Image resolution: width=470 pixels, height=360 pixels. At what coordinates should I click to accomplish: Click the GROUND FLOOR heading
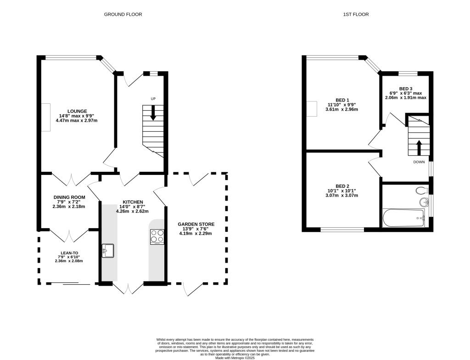click(123, 14)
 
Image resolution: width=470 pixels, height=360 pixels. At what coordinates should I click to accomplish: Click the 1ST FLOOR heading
click(356, 14)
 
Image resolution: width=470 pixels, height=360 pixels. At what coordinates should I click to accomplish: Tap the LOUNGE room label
click(77, 111)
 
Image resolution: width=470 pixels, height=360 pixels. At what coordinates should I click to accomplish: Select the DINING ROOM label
click(69, 197)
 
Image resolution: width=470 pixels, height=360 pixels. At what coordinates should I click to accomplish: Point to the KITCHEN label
click(133, 202)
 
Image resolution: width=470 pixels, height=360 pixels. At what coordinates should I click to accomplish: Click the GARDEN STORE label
click(196, 225)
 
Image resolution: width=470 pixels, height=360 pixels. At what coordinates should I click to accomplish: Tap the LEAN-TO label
click(69, 253)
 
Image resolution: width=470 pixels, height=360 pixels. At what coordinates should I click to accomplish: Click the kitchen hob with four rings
click(157, 236)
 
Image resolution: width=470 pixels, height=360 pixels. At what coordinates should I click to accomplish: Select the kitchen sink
click(107, 251)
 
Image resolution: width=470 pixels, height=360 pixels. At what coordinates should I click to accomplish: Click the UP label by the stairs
click(153, 99)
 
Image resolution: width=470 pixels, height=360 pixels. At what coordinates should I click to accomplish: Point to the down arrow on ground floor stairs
click(153, 113)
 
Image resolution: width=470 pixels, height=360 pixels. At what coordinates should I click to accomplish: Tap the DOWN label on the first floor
click(419, 162)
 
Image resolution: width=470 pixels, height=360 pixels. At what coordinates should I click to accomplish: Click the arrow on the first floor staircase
click(419, 147)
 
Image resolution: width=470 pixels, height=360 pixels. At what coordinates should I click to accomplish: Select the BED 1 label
click(342, 100)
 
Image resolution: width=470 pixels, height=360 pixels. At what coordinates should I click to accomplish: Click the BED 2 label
click(342, 186)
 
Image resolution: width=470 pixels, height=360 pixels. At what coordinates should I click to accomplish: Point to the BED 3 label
click(406, 89)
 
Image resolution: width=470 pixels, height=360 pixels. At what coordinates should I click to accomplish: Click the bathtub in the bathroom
click(404, 218)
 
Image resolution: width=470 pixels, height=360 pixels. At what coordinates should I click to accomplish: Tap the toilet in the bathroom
click(422, 190)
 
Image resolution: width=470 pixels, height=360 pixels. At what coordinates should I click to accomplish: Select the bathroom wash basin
click(424, 202)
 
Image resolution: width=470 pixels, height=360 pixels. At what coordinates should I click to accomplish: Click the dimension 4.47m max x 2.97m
click(77, 121)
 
